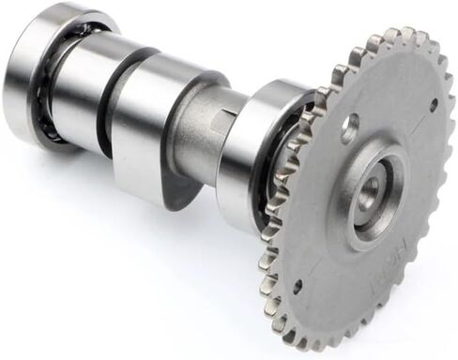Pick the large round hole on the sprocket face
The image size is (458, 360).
tap(349, 127)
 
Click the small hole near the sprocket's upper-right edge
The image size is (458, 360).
tap(433, 104)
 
